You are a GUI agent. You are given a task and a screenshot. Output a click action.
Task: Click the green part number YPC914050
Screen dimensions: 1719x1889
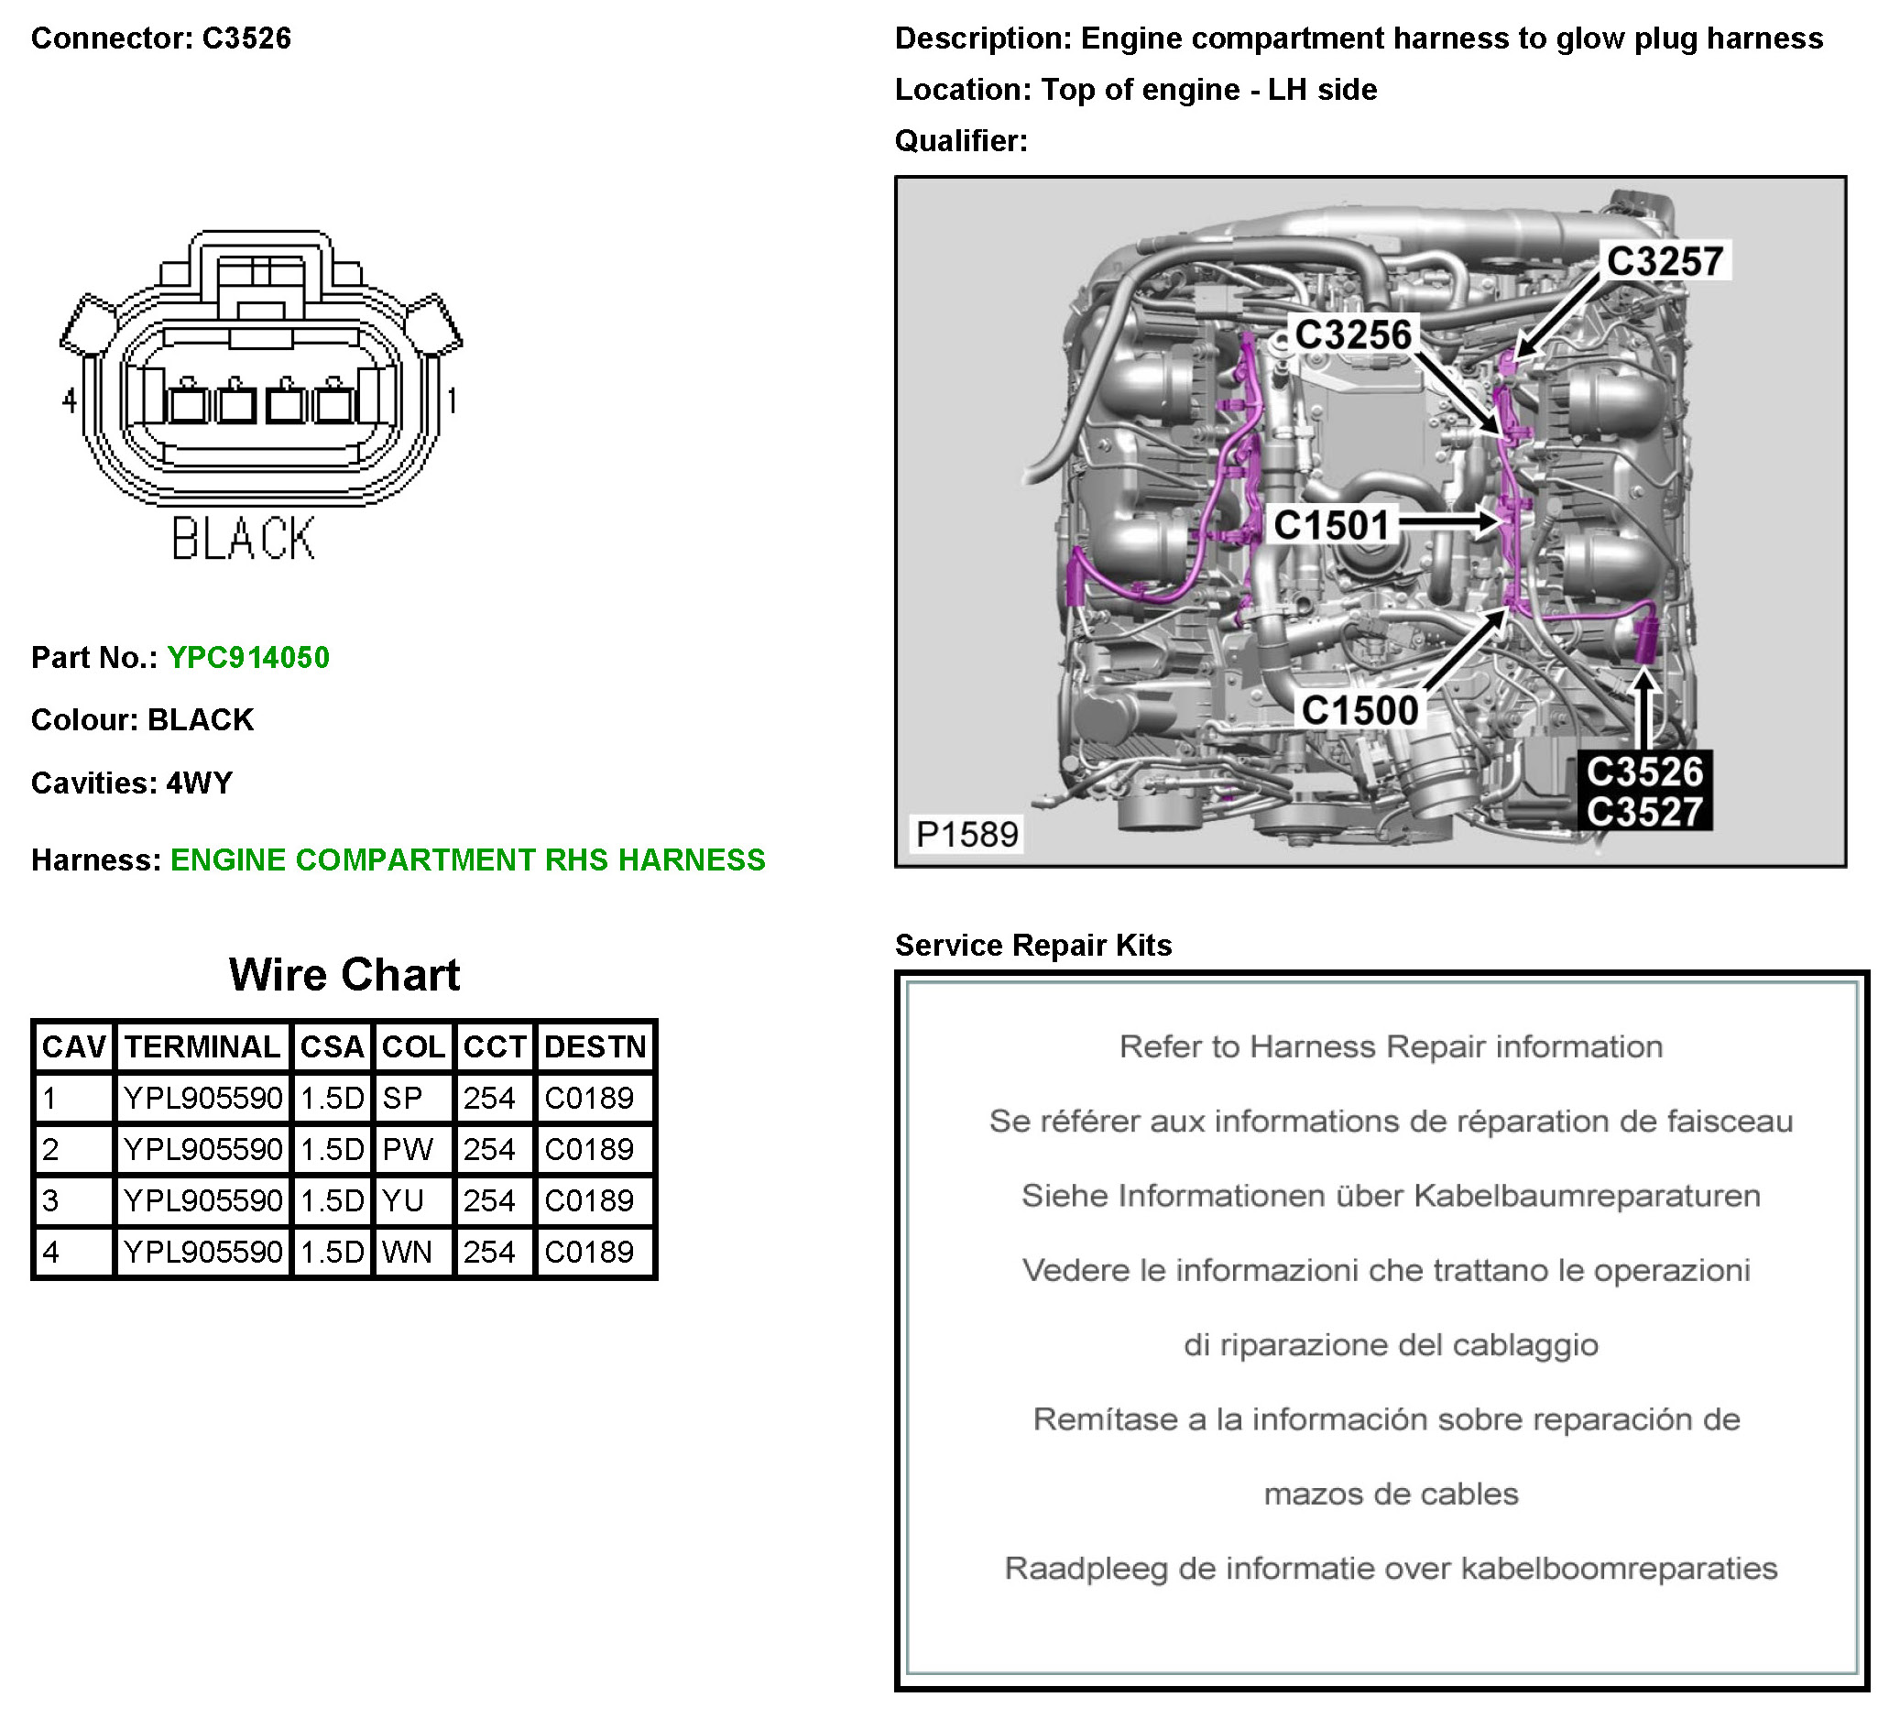click(x=248, y=658)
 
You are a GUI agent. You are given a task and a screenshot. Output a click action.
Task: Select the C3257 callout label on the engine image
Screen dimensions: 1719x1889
click(x=1665, y=261)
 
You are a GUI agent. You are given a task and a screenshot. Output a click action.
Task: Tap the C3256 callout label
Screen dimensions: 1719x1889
click(x=1352, y=334)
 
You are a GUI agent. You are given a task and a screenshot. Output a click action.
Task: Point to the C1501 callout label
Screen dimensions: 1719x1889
click(x=1330, y=526)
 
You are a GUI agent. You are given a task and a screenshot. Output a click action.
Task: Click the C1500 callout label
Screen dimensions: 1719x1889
click(x=1359, y=710)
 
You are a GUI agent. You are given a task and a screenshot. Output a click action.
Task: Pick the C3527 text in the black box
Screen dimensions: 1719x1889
click(x=1644, y=812)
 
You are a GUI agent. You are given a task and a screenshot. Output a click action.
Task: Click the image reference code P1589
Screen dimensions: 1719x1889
click(x=966, y=834)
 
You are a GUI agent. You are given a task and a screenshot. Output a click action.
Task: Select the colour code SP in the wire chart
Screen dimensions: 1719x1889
click(x=403, y=1099)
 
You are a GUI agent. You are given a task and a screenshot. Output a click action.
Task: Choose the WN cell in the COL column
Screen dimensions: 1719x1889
click(x=407, y=1253)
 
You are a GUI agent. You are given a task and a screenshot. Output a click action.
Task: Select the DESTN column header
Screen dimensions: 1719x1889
click(x=595, y=1047)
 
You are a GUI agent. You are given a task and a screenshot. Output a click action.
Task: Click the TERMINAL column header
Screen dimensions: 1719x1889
click(x=202, y=1047)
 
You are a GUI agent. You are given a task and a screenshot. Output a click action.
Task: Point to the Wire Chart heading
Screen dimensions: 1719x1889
click(x=344, y=975)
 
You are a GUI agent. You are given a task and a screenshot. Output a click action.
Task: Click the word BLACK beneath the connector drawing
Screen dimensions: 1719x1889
click(x=243, y=539)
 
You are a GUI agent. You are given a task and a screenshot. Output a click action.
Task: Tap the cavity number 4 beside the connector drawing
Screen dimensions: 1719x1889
click(x=70, y=401)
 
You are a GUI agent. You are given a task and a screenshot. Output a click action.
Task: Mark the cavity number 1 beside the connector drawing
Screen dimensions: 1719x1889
click(x=452, y=401)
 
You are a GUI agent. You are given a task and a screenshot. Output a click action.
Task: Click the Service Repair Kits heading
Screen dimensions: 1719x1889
click(x=1032, y=945)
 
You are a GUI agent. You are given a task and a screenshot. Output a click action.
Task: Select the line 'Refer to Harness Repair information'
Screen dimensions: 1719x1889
click(x=1391, y=1047)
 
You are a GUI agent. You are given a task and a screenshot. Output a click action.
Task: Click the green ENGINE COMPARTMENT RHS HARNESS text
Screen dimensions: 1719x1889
click(x=467, y=860)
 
